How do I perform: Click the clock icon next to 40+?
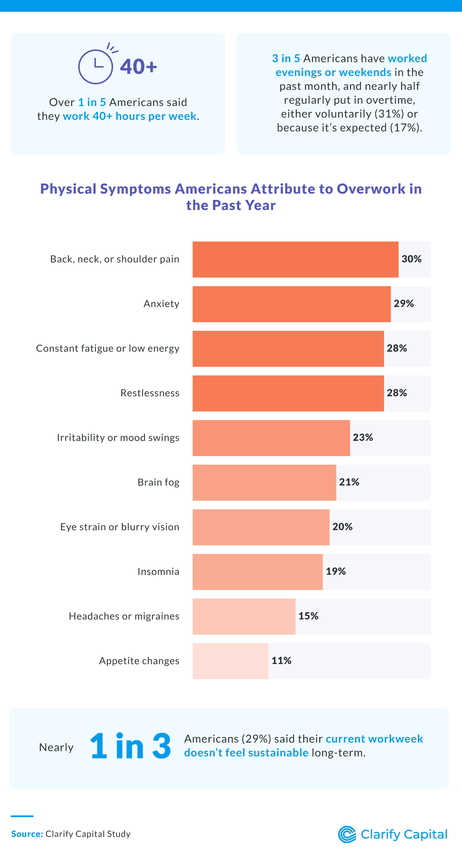96,66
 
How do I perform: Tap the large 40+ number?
138,66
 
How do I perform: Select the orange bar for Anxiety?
291,304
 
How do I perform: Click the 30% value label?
411,259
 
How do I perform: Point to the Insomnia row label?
158,571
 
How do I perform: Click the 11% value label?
281,661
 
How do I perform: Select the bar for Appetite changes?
230,661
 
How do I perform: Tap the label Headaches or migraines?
124,616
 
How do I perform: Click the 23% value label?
362,438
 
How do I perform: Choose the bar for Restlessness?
288,393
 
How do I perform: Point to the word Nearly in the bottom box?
56,747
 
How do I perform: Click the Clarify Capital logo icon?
347,835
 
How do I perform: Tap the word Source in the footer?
27,834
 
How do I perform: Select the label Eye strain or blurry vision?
120,527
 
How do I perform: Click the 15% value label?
308,616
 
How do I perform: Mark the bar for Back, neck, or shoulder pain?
295,260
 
